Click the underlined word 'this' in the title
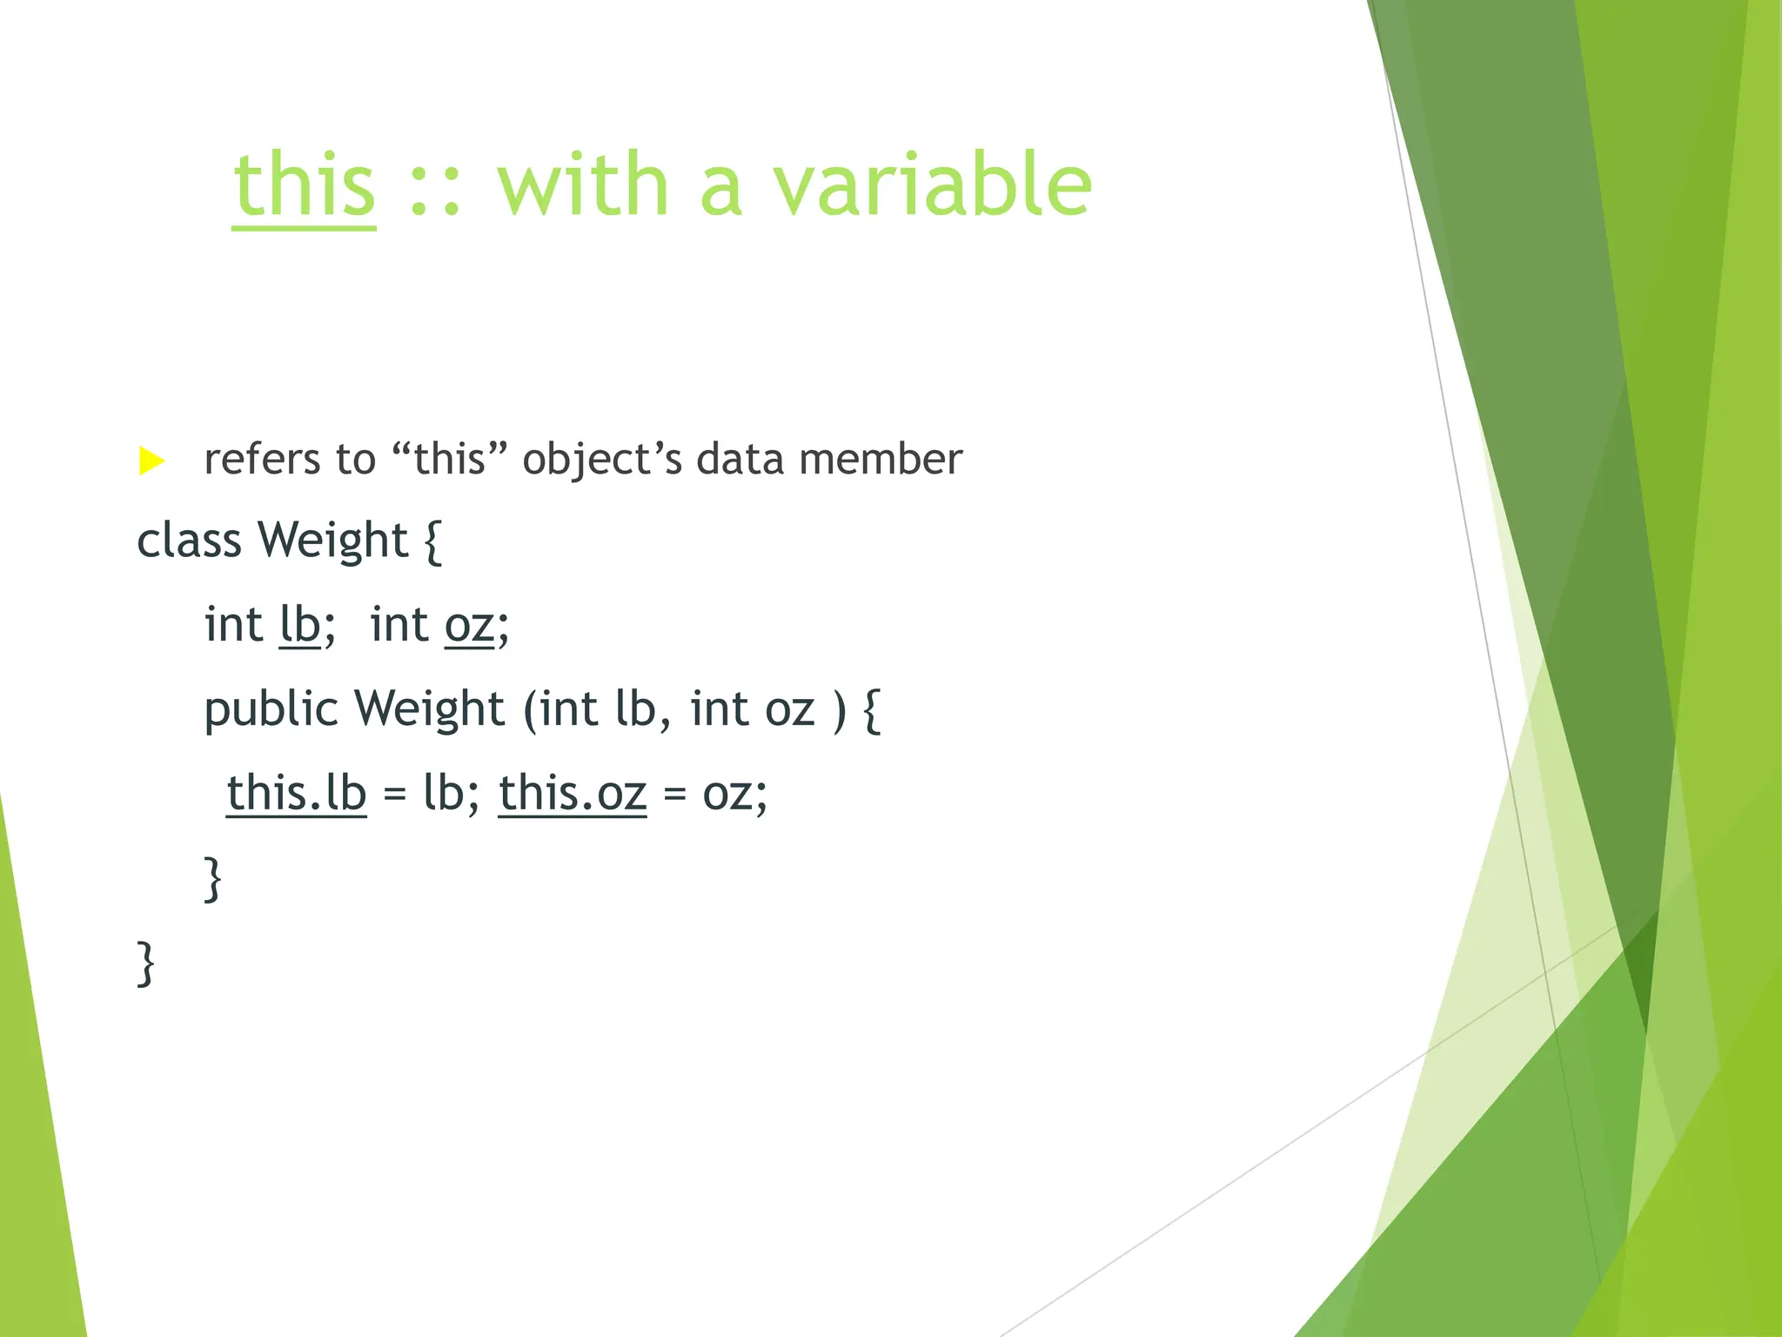click(304, 185)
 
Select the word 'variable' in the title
click(932, 185)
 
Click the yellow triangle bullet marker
click(151, 460)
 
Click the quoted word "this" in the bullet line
click(449, 460)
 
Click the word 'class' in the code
click(189, 541)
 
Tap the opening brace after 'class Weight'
click(433, 541)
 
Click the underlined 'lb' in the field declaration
click(300, 625)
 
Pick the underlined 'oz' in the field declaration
click(469, 625)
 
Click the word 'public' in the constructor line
click(271, 709)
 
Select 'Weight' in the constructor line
click(429, 709)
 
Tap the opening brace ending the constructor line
click(872, 709)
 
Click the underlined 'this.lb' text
click(297, 793)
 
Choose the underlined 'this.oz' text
click(573, 793)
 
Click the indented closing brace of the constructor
click(212, 879)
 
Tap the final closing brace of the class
click(145, 963)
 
